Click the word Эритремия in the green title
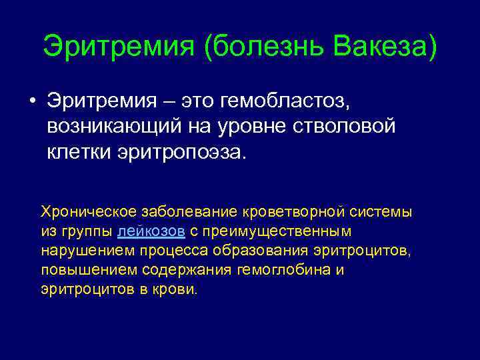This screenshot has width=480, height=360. click(x=118, y=47)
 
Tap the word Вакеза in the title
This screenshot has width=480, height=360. click(x=382, y=47)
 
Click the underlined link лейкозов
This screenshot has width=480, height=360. click(x=151, y=231)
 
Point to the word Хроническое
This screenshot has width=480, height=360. click(x=88, y=211)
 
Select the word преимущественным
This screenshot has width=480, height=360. click(x=281, y=231)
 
